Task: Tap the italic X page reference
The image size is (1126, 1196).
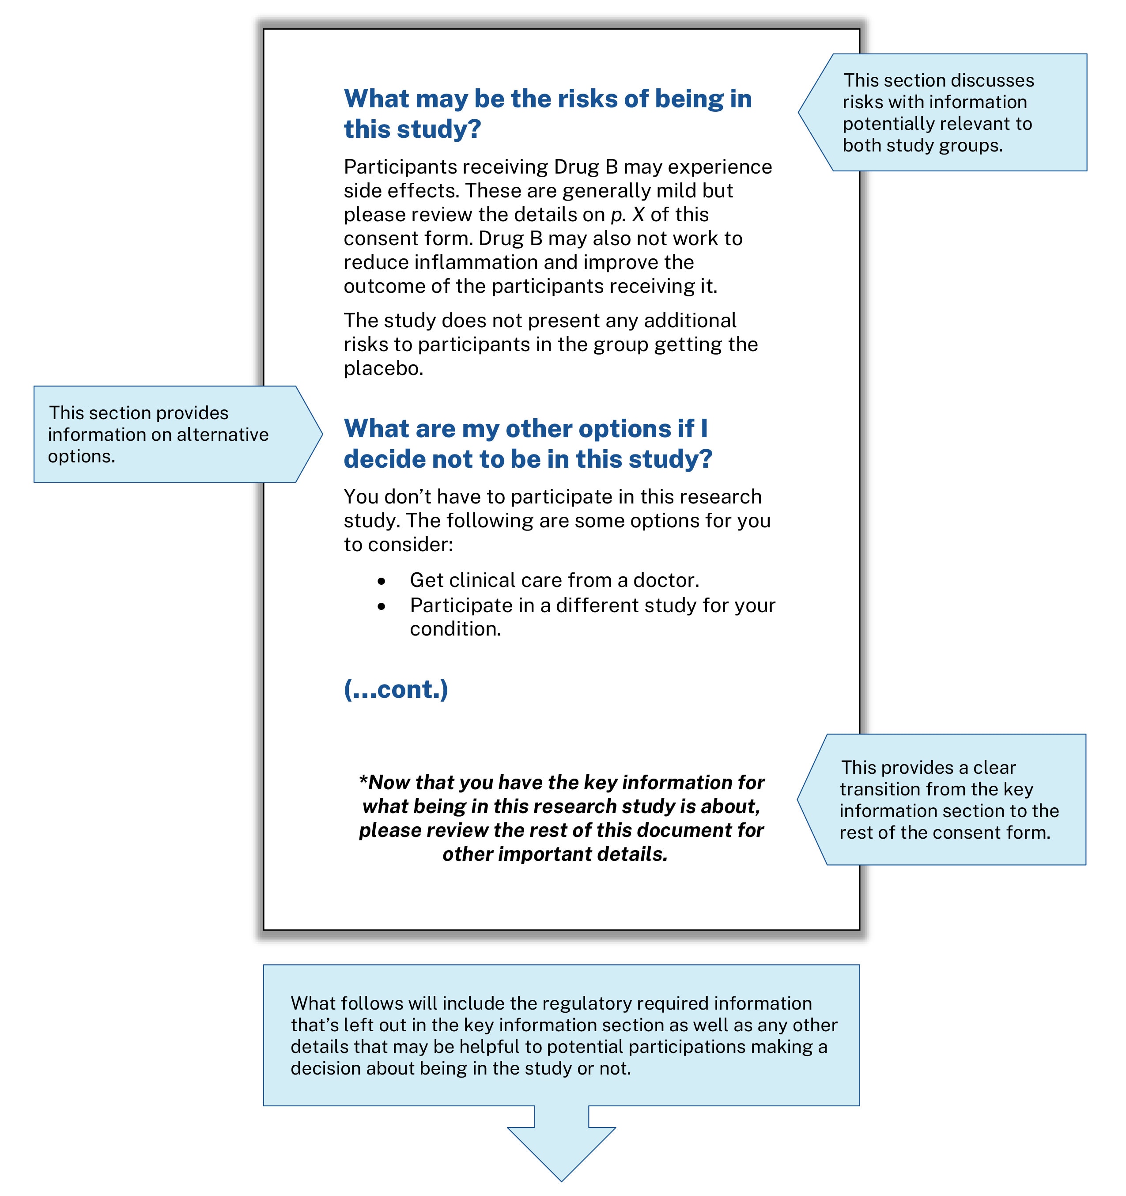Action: point(638,215)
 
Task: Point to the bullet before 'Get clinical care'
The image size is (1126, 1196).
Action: point(382,581)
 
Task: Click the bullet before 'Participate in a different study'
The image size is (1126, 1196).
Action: point(382,606)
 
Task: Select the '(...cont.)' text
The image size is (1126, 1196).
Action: point(396,689)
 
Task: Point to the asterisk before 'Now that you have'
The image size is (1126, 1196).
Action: point(363,780)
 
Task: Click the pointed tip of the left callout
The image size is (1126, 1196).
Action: point(322,434)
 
